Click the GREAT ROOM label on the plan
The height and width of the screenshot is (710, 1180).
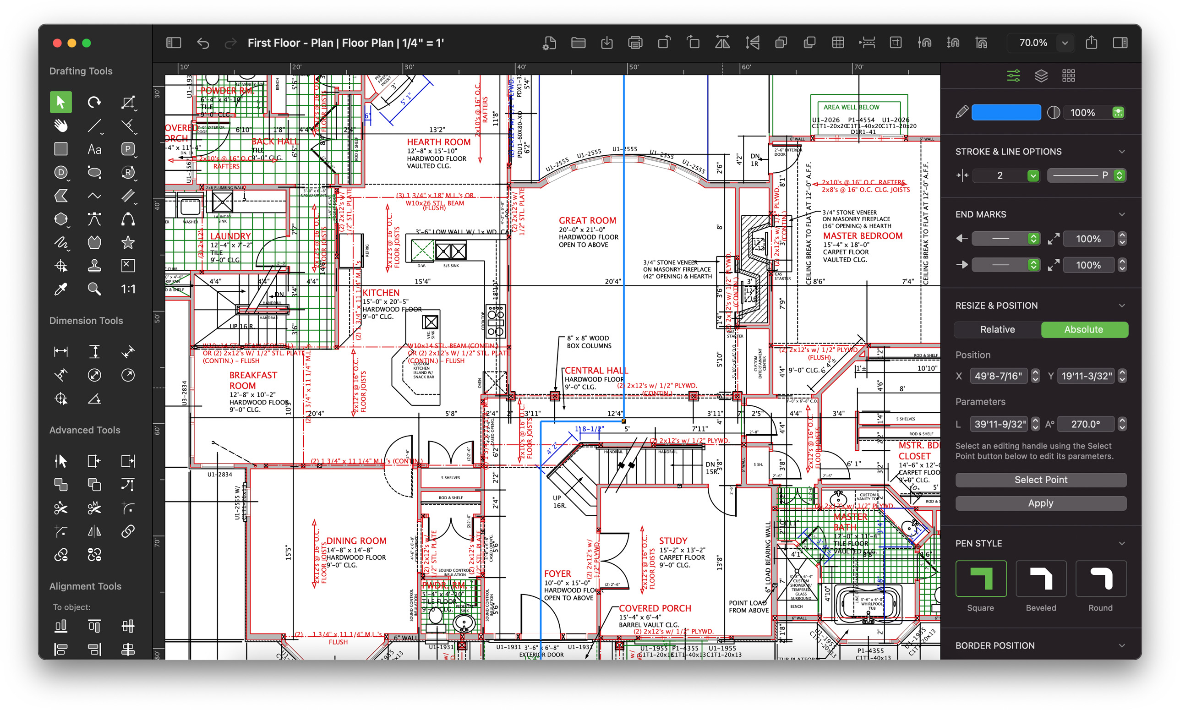click(x=587, y=221)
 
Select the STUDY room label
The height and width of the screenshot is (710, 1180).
click(x=672, y=541)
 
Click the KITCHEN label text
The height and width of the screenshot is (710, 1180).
click(x=381, y=293)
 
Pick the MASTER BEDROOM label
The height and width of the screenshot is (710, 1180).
click(x=863, y=236)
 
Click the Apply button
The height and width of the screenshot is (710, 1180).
click(x=1040, y=503)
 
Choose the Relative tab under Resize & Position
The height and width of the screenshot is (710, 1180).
click(x=997, y=330)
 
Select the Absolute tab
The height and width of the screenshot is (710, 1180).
click(x=1083, y=330)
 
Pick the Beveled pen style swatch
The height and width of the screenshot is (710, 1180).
click(x=1040, y=579)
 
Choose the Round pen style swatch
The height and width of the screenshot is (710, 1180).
click(x=1100, y=579)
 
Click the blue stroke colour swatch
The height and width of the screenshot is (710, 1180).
click(x=1005, y=113)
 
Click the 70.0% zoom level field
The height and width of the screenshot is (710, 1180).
click(x=1032, y=43)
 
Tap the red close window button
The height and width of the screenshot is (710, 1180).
click(x=57, y=43)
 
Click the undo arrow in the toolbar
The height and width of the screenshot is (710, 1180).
click(x=203, y=43)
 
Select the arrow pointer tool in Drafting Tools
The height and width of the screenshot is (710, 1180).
click(x=61, y=102)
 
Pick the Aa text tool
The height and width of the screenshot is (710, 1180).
click(x=94, y=149)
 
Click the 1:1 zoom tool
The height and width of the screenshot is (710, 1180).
click(x=128, y=289)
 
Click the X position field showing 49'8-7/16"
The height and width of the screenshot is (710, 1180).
click(x=998, y=376)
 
